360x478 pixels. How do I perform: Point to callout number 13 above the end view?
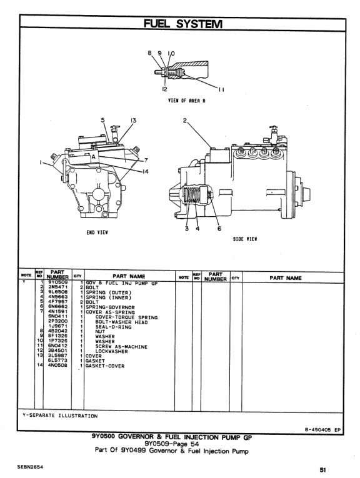(x=132, y=121)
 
